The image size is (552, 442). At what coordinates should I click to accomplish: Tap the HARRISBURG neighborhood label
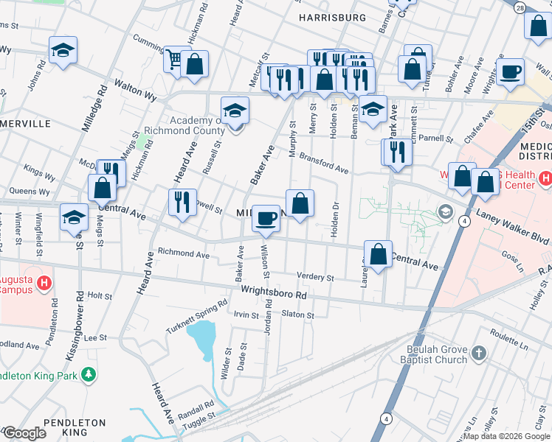332,17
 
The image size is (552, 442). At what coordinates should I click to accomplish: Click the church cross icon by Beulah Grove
477,354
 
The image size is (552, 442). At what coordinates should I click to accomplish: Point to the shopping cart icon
175,58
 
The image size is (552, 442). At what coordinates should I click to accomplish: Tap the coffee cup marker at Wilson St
266,219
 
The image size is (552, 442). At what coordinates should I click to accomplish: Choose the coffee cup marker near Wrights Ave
510,73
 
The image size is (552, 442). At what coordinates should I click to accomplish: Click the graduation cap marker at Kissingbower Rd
75,218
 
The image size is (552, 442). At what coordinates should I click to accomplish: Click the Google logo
24,433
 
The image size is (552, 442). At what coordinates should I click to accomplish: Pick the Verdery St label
315,277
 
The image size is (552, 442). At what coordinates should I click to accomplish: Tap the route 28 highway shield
520,7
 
